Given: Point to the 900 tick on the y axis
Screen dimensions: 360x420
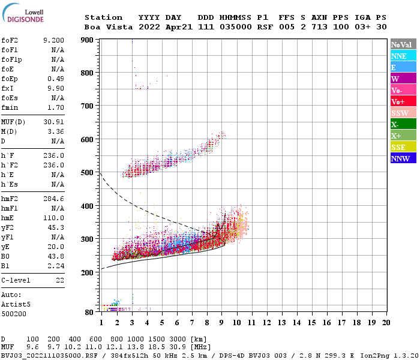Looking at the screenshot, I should [88, 40].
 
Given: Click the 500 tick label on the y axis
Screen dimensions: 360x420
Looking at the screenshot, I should [88, 173].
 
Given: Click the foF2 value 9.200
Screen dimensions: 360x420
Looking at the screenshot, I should [53, 40].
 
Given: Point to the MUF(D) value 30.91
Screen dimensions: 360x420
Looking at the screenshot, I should [53, 122].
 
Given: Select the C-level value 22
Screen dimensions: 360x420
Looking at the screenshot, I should [59, 280].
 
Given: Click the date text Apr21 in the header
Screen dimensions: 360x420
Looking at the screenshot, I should [178, 27].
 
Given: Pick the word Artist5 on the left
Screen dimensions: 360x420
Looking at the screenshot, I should [15, 304].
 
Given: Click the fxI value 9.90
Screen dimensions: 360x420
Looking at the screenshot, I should [56, 88].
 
